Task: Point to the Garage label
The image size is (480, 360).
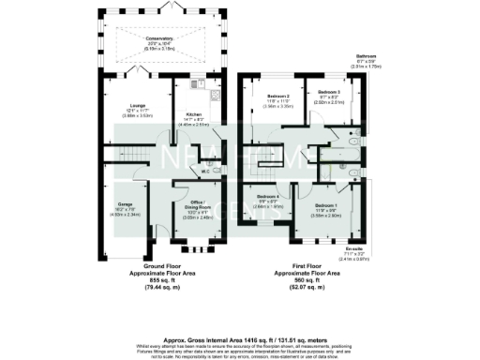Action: tap(125, 203)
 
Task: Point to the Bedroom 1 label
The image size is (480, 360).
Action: tap(326, 203)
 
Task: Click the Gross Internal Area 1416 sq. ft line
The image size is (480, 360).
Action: tap(240, 317)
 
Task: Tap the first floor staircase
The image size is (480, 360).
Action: tap(264, 172)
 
